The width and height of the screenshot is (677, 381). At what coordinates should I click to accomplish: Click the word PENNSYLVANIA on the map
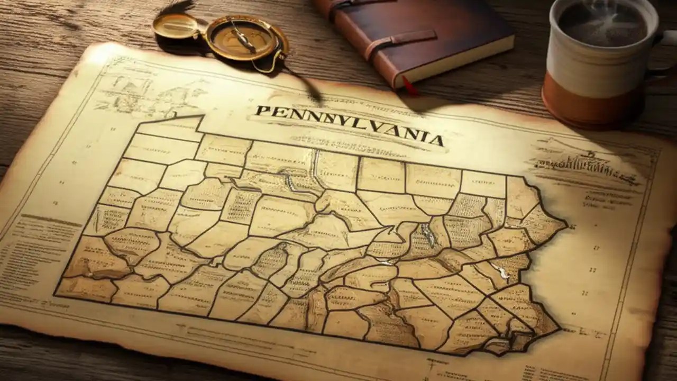point(349,125)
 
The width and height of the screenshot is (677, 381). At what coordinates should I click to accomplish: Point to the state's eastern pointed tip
point(565,225)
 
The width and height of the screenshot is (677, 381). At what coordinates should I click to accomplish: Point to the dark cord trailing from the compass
point(309,87)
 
